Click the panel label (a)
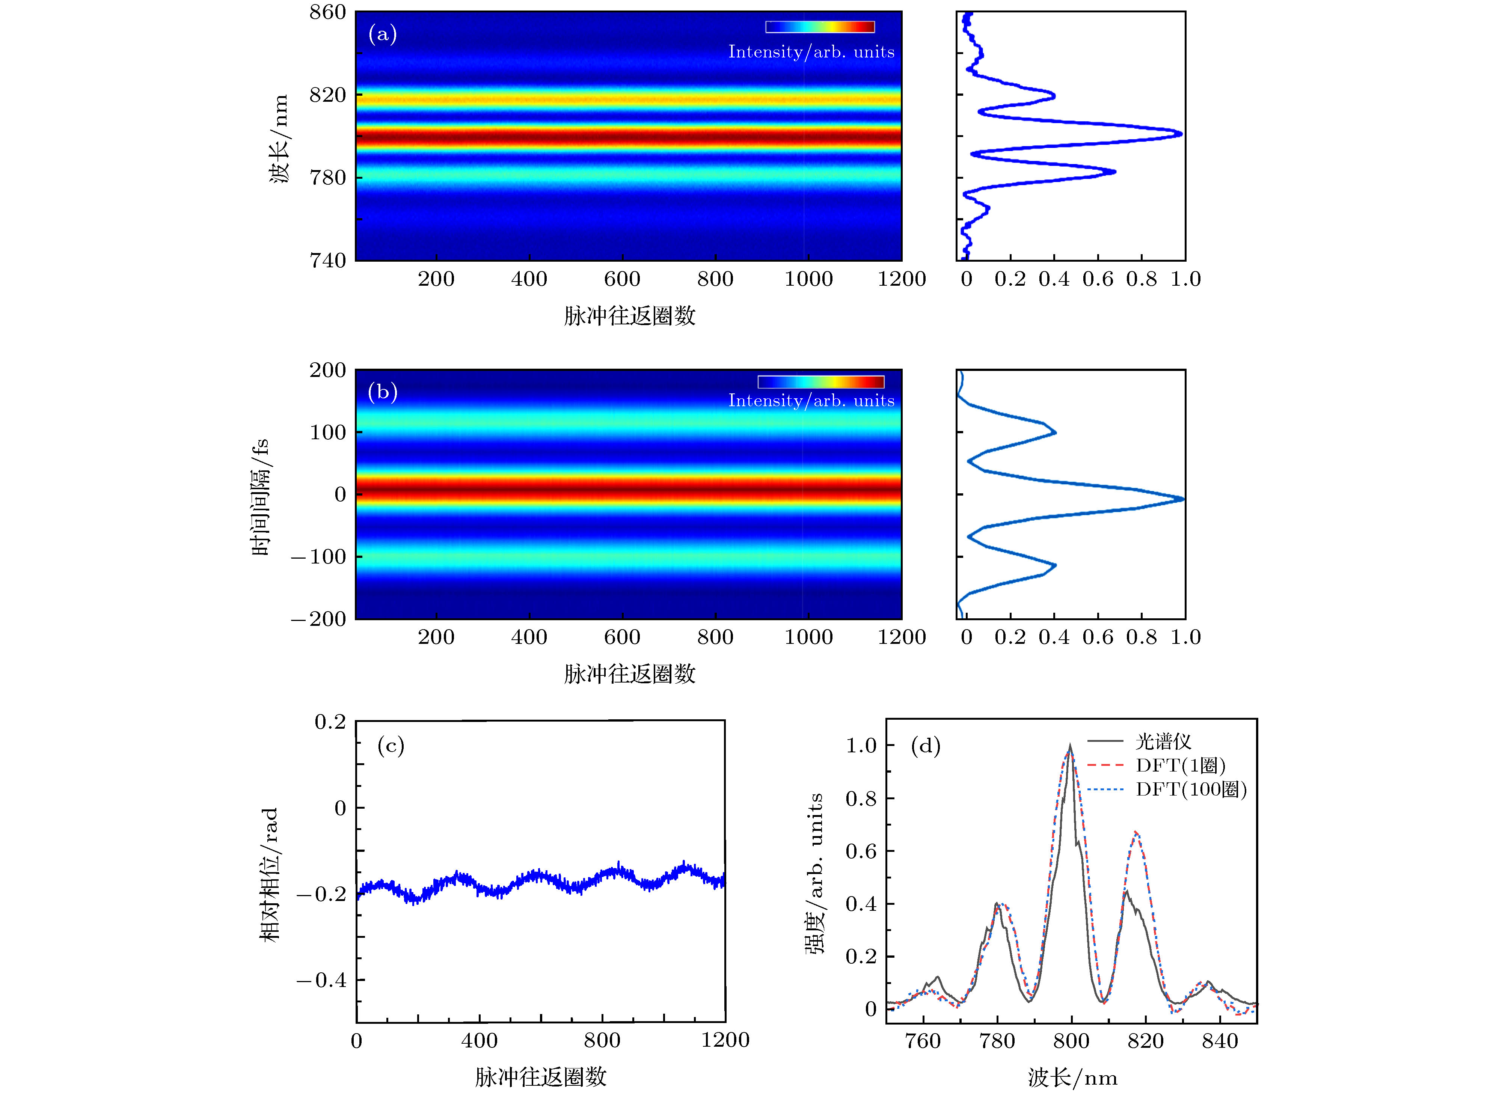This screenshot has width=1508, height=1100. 382,33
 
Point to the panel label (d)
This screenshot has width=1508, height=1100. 925,745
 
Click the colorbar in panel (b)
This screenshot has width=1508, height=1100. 820,381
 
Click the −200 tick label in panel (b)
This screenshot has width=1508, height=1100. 318,619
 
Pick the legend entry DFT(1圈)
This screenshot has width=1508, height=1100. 1180,765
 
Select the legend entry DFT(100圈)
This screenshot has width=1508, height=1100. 1191,789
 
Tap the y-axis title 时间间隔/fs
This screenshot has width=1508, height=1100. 260,496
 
